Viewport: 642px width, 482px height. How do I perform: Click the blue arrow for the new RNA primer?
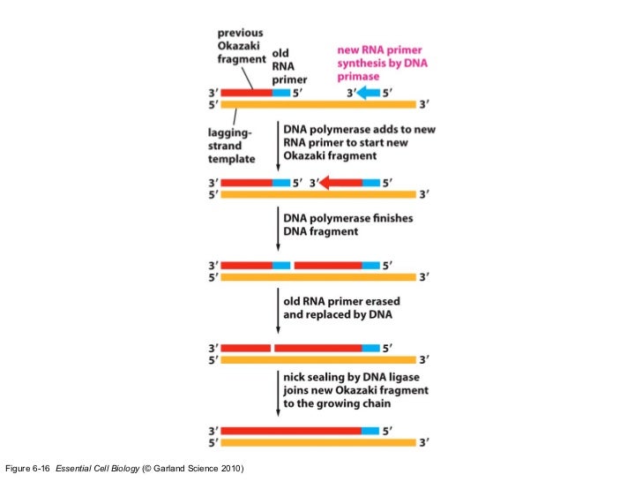[x=369, y=93]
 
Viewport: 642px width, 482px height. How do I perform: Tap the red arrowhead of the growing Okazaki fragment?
[x=325, y=183]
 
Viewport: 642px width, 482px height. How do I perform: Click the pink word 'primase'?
[x=358, y=77]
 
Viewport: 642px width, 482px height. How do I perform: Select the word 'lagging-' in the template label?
[x=229, y=132]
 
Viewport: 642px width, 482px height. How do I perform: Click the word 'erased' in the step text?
[x=383, y=301]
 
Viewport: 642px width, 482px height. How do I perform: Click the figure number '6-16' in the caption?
[x=41, y=469]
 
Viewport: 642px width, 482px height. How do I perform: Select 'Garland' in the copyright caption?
[x=169, y=469]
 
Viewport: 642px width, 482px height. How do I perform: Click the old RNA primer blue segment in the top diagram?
[x=281, y=93]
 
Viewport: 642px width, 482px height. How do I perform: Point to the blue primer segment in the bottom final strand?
[x=370, y=431]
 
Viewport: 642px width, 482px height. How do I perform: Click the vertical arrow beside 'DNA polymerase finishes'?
[x=278, y=229]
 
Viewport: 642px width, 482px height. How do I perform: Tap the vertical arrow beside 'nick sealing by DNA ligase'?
[x=278, y=394]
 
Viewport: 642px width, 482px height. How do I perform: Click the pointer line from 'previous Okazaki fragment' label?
[x=247, y=78]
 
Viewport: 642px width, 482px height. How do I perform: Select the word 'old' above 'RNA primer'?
[x=280, y=53]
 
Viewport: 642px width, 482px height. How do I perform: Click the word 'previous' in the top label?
[x=241, y=33]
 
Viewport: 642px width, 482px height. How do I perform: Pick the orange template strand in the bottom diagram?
[x=318, y=442]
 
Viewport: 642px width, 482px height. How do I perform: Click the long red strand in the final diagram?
[x=291, y=431]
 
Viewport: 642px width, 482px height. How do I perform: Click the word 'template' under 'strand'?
[x=232, y=159]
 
